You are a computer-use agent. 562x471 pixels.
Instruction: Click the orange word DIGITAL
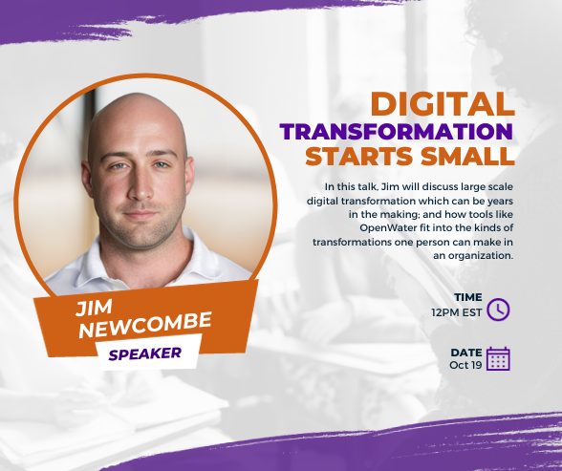(443, 104)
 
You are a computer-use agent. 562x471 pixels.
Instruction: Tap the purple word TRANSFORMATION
(397, 132)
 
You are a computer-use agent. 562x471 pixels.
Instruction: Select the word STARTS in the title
(358, 156)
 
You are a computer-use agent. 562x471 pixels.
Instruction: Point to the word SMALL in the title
(467, 156)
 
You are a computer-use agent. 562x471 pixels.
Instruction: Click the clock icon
(498, 310)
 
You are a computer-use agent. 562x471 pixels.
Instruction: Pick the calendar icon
(498, 358)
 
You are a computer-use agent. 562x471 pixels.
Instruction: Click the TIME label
(468, 297)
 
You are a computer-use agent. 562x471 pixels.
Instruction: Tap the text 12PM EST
(457, 312)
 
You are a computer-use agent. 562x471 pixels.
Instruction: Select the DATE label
(466, 353)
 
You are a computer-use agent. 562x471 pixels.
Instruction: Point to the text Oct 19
(465, 365)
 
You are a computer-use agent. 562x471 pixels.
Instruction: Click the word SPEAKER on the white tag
(145, 353)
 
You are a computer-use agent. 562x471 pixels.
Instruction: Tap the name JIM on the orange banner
(94, 308)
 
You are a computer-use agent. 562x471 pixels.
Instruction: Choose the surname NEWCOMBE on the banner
(145, 325)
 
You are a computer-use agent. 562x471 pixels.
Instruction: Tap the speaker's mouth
(140, 215)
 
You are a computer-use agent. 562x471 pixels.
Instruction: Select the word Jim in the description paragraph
(389, 186)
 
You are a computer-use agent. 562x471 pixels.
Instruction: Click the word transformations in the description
(352, 242)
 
